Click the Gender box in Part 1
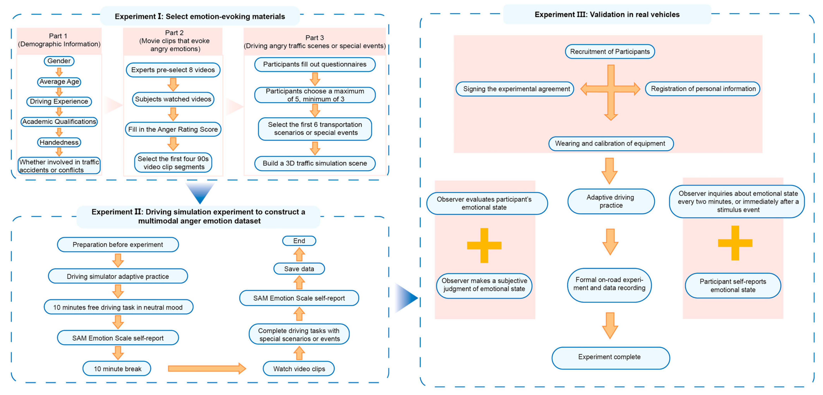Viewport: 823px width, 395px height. (x=59, y=61)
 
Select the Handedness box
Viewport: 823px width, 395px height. (x=59, y=142)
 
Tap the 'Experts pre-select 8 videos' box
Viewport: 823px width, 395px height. (x=173, y=70)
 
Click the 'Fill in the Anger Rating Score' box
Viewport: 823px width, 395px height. (x=173, y=129)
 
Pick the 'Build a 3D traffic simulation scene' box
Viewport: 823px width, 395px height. (x=315, y=163)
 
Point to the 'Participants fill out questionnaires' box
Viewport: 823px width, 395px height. (x=315, y=64)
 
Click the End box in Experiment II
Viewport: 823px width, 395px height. (x=299, y=241)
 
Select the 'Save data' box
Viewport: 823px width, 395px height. (x=299, y=269)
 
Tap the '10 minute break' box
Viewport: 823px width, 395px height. (x=117, y=369)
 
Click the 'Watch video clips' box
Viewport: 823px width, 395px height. (x=299, y=369)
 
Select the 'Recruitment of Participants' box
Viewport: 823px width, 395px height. (x=610, y=52)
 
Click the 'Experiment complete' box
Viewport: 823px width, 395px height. (x=610, y=357)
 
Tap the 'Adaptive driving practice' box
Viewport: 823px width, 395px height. (x=611, y=201)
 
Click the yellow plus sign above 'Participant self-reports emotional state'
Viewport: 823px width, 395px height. (x=735, y=243)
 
